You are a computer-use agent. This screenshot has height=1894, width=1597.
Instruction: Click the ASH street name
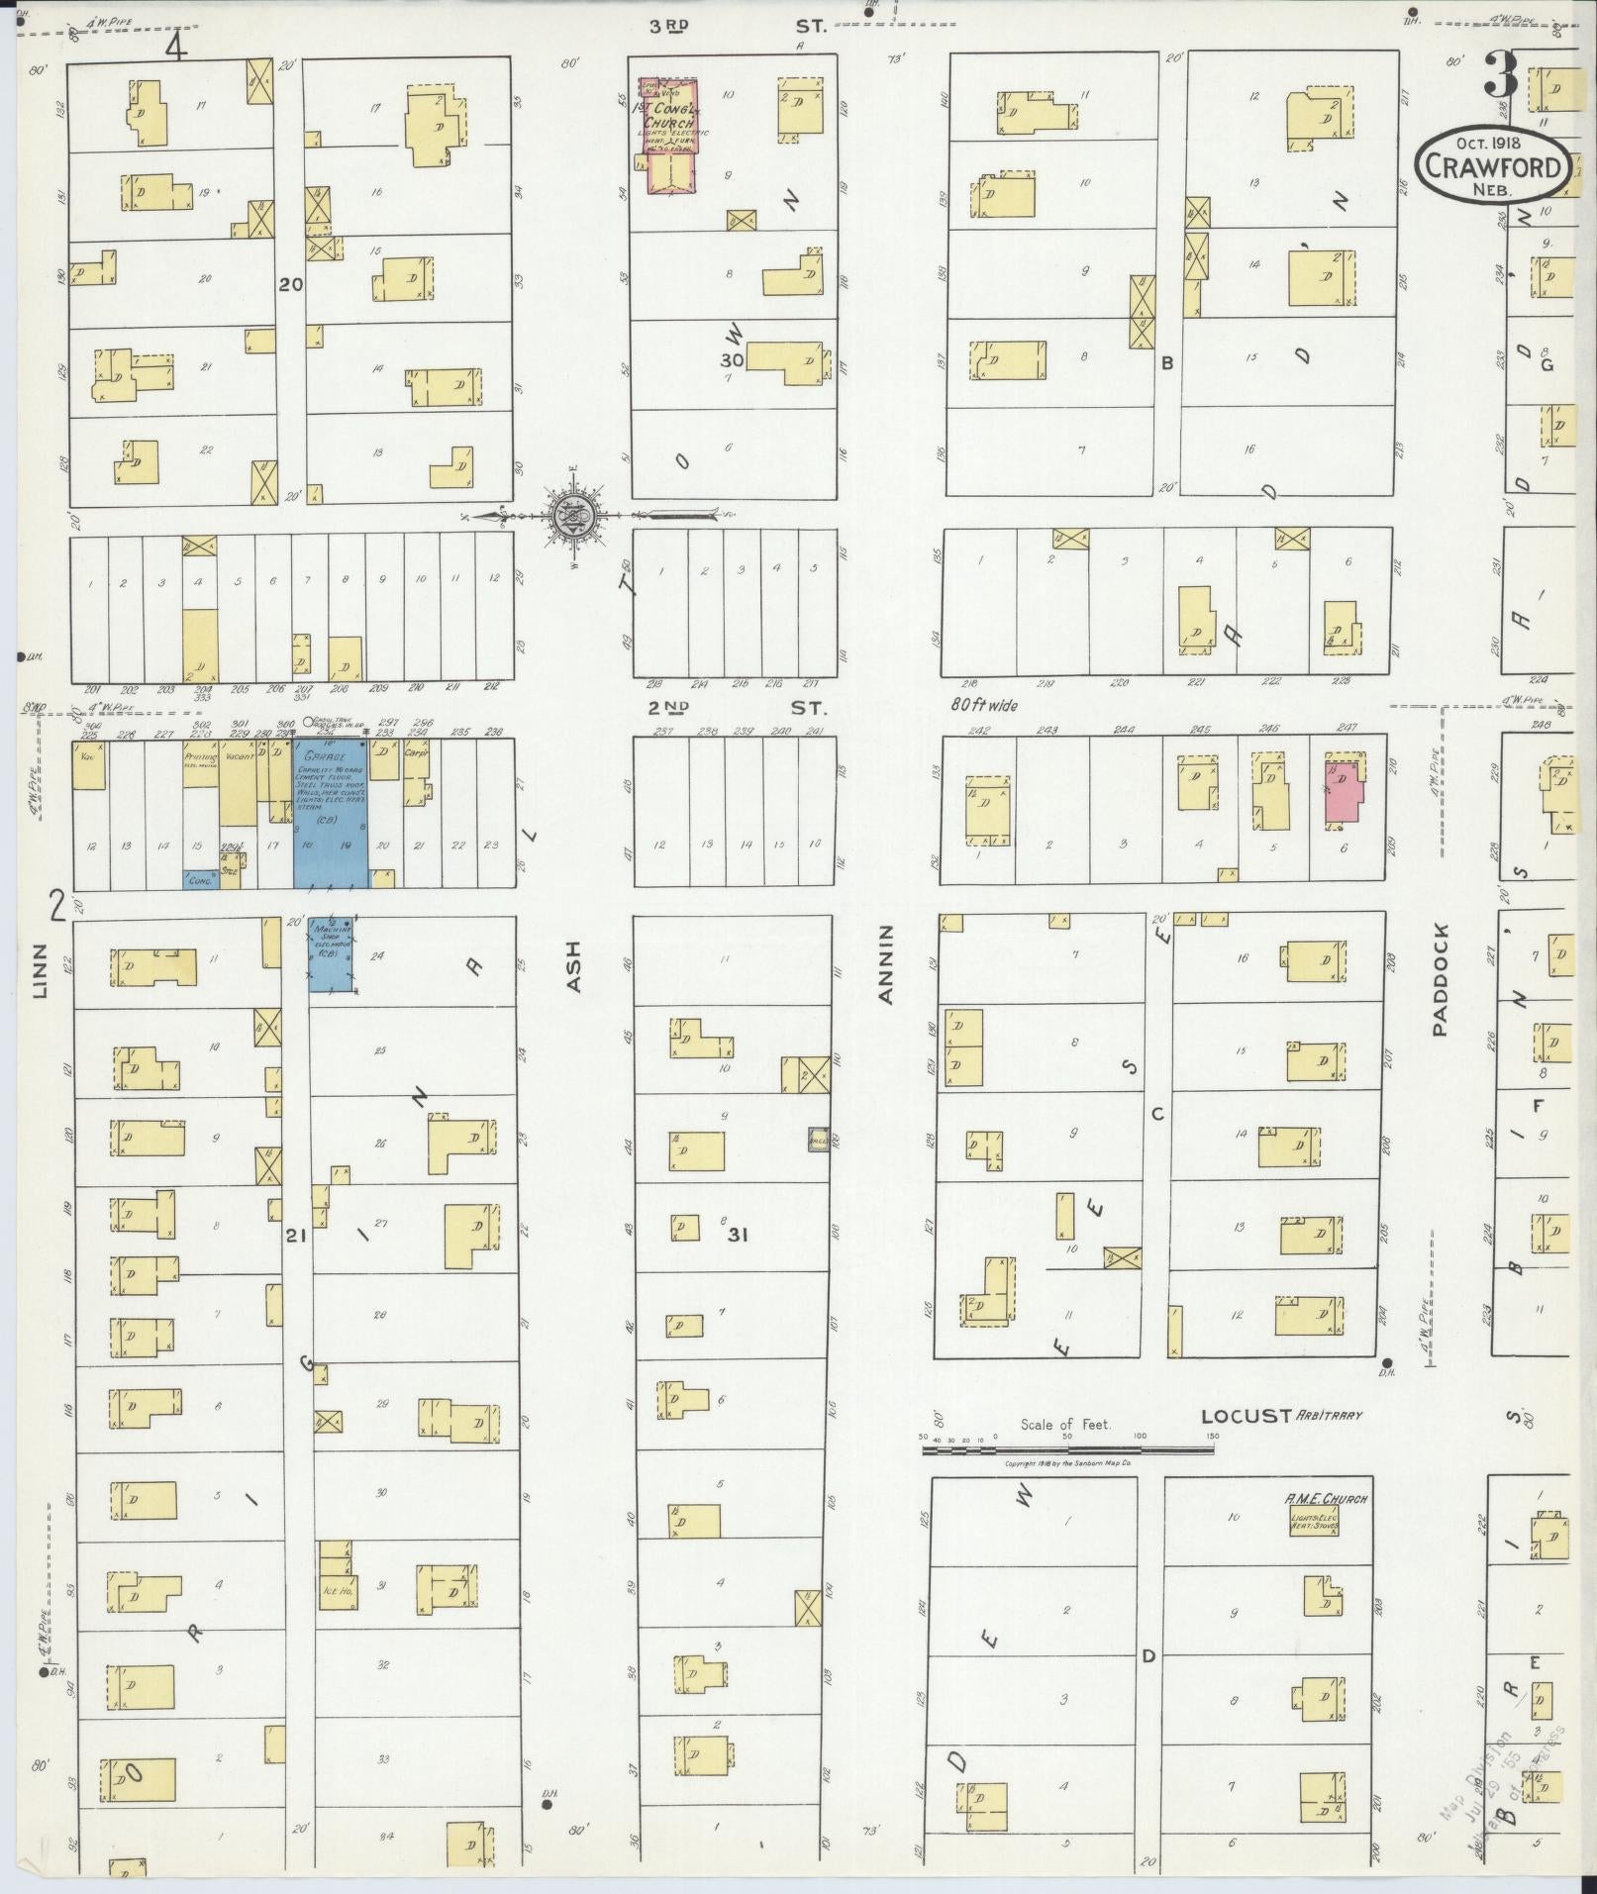[572, 964]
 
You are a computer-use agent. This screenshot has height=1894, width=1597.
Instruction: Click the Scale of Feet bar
[1067, 1449]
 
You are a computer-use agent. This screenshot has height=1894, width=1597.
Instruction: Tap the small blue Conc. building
[200, 877]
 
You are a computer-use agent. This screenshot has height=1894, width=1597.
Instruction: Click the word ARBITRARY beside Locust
[1331, 1416]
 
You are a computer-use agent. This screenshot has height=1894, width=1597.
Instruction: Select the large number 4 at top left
[176, 46]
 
